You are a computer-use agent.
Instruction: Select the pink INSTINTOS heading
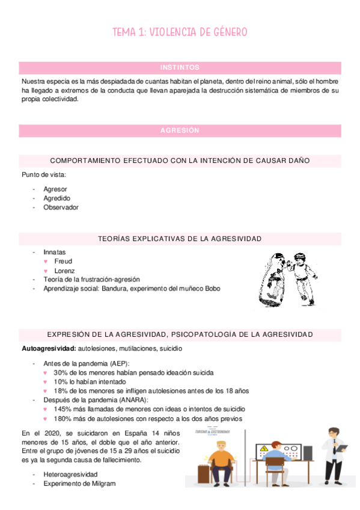click(x=180, y=67)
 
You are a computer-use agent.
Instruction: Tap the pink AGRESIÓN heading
click(x=180, y=131)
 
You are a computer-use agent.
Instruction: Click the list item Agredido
click(x=56, y=198)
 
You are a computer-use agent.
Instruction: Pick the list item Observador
click(x=61, y=207)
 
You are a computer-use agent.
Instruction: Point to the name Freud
click(x=63, y=262)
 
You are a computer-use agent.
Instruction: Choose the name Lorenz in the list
click(x=64, y=271)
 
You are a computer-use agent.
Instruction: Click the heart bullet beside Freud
click(x=46, y=262)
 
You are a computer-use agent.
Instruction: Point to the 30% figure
click(x=61, y=373)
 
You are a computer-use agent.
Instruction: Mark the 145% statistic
click(x=63, y=410)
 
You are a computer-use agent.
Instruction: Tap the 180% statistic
click(x=63, y=419)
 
